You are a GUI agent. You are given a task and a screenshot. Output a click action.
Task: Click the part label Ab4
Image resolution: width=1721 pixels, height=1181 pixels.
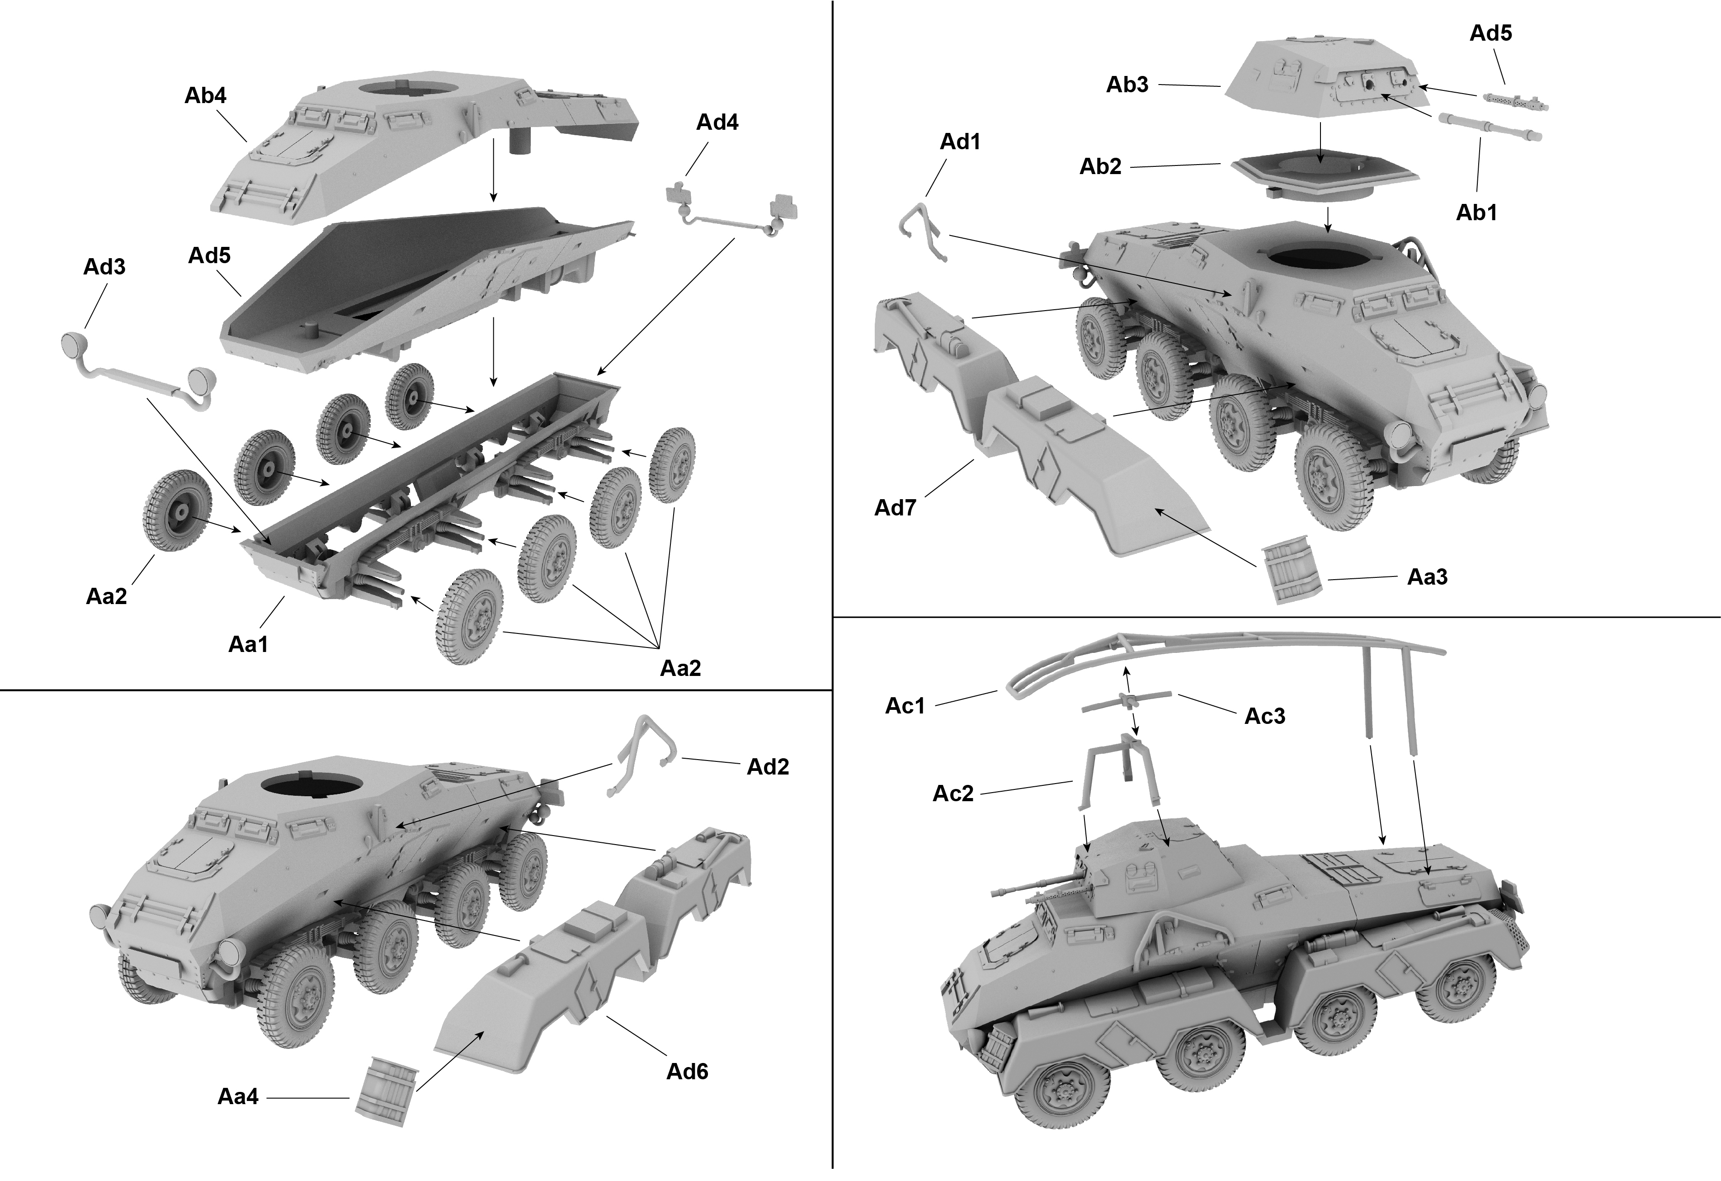click(x=205, y=95)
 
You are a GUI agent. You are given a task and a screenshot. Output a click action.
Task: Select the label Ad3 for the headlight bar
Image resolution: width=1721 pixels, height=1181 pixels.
click(x=104, y=267)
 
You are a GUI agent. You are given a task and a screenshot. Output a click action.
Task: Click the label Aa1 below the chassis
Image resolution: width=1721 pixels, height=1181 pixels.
click(x=248, y=644)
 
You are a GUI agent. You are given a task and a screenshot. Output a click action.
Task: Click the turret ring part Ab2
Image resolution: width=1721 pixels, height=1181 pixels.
click(x=1325, y=181)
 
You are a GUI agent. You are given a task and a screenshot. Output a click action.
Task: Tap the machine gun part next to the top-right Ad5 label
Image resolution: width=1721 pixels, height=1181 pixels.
click(x=1514, y=101)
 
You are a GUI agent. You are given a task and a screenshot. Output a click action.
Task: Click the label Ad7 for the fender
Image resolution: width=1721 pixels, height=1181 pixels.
click(x=895, y=507)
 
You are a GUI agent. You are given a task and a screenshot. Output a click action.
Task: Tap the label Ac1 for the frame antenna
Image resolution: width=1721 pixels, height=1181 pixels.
click(x=905, y=706)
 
